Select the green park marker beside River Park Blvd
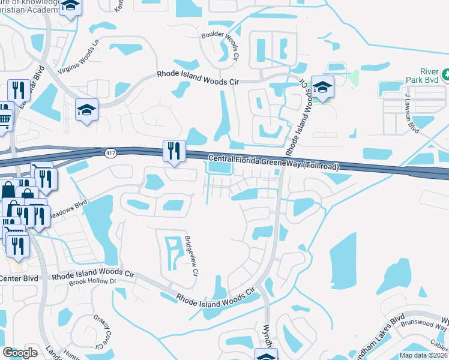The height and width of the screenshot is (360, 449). pos(446,76)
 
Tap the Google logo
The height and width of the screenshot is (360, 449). pos(20,353)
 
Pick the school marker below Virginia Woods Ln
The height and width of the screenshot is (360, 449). pos(86,110)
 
